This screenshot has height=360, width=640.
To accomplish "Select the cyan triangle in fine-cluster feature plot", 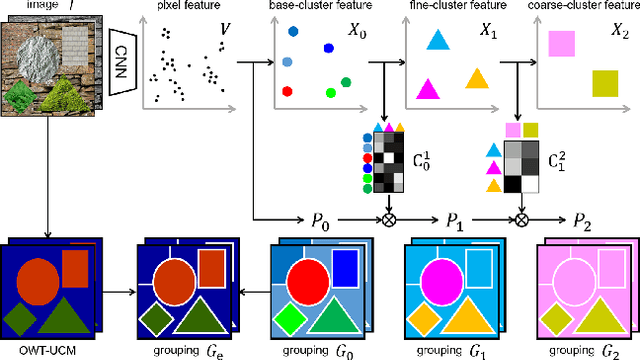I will point(437,40).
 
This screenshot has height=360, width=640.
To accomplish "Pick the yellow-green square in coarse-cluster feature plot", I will point(605,82).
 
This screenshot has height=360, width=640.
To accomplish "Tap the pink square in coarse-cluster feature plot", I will point(561,44).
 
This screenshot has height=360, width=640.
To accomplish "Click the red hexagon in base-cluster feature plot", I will point(287,91).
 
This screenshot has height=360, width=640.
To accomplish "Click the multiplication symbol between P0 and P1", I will point(387,220).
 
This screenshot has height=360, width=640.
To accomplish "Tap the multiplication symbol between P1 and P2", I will point(520,220).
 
